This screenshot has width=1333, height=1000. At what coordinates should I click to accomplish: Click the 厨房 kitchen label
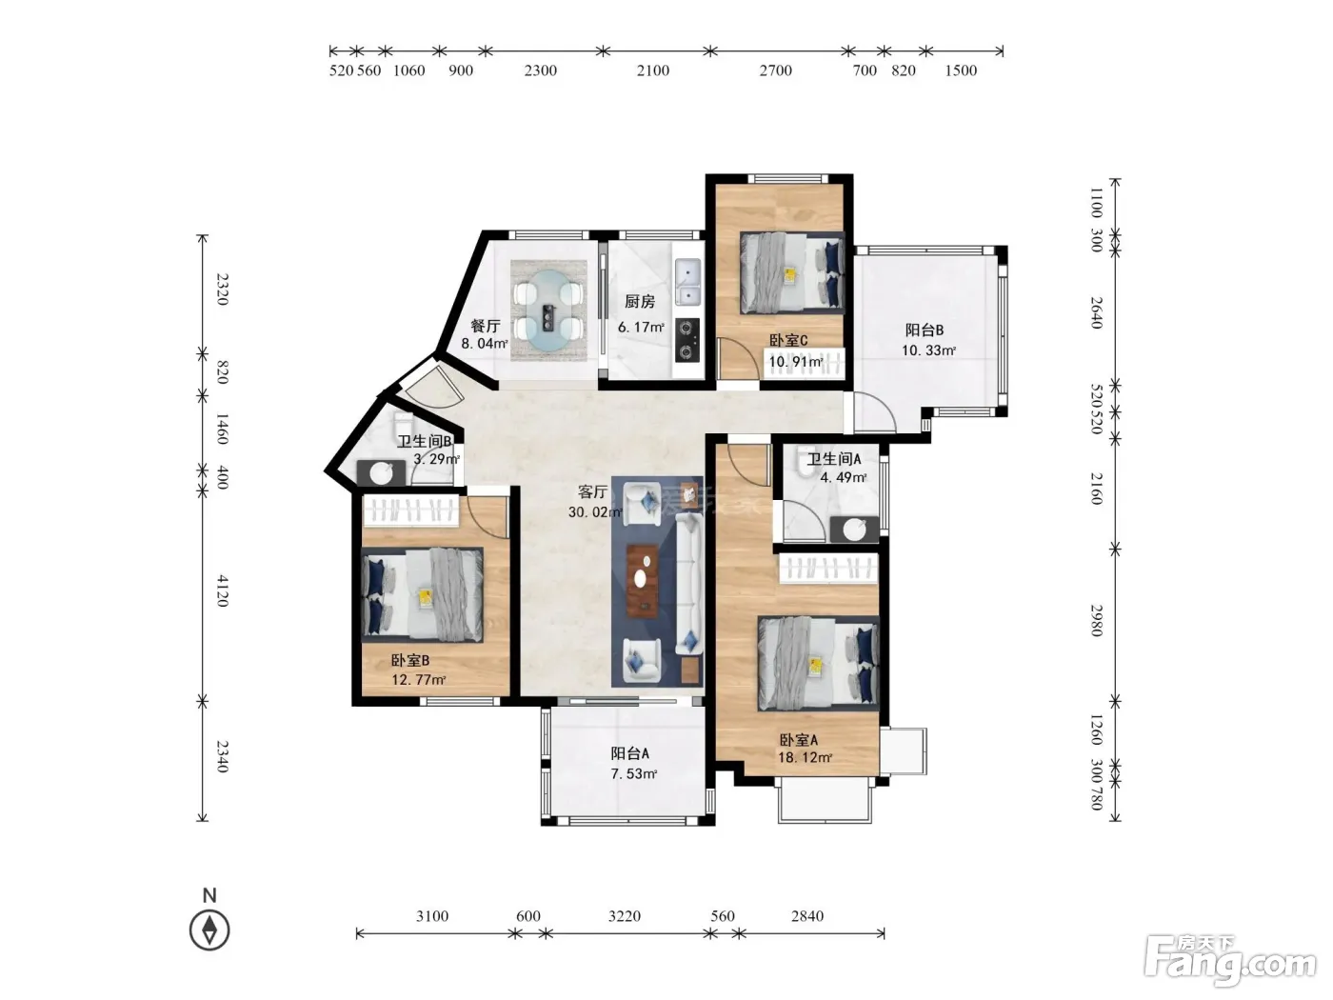640,301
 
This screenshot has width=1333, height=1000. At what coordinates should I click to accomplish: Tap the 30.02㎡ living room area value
595,511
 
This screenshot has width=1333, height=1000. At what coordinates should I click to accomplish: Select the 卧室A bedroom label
799,740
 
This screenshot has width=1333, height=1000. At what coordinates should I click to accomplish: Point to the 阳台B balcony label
925,330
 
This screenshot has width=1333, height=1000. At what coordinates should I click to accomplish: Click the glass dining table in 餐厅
549,310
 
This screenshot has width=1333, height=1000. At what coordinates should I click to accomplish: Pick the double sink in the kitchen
688,282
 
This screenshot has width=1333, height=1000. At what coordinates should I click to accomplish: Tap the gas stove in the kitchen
686,340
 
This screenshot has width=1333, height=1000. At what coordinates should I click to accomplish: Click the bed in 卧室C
792,272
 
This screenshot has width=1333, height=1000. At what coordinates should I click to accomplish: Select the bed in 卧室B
423,594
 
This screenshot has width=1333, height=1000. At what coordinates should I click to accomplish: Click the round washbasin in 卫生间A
854,530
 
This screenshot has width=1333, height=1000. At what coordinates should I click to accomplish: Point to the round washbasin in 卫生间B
381,473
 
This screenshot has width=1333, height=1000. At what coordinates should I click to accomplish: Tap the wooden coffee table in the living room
642,581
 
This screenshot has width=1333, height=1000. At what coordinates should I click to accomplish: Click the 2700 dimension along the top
775,70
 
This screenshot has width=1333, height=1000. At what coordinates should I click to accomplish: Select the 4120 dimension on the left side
222,590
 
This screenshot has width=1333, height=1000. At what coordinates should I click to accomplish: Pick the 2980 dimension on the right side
1096,621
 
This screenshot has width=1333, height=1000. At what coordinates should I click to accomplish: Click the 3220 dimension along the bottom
625,915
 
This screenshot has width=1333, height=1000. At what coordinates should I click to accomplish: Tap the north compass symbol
209,930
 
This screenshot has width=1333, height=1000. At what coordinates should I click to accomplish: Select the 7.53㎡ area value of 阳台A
634,773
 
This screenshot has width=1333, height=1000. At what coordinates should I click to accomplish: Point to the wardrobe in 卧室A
829,569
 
